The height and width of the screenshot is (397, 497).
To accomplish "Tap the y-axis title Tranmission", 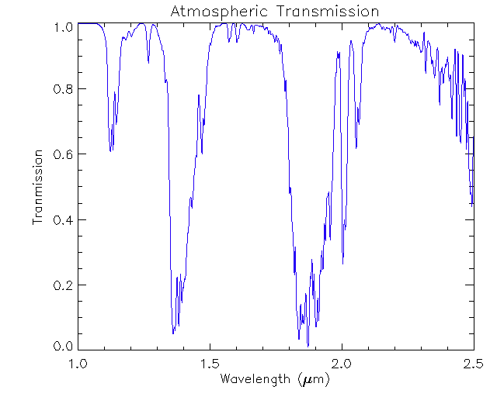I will coord(37,187).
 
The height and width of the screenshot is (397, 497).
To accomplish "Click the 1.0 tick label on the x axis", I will coord(78,363).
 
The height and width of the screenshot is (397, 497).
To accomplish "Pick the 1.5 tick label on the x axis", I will coord(210,363).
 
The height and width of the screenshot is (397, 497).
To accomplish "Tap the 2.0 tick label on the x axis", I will coord(342,363).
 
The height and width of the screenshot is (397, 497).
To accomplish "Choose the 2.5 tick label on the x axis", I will coord(473,363).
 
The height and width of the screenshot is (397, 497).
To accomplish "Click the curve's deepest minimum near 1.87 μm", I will coord(308,345).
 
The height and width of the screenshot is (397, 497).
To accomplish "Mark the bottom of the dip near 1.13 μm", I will coord(111,150).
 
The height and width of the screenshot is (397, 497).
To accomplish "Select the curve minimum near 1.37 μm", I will coord(173,333).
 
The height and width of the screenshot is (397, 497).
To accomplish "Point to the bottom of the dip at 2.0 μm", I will coord(342,264).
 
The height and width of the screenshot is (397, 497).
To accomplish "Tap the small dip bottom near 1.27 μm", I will coord(148,62).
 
